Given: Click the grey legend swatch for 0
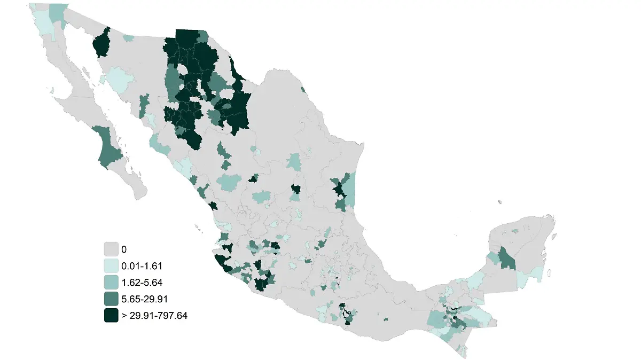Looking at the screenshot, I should click(x=111, y=249).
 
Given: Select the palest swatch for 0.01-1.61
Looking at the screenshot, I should click(x=111, y=265).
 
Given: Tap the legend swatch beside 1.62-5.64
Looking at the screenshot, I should click(x=111, y=282).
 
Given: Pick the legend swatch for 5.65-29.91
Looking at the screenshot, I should click(x=111, y=299).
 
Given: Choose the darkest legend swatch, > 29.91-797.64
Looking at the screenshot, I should click(x=111, y=315).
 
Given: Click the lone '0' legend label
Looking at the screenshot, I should click(x=124, y=249).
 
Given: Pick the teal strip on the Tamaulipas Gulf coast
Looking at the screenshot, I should click(x=349, y=190).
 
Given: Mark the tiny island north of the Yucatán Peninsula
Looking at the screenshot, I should click(x=499, y=202).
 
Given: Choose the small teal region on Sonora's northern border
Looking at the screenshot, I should click(x=128, y=38).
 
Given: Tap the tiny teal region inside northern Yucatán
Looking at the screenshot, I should click(x=514, y=231).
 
